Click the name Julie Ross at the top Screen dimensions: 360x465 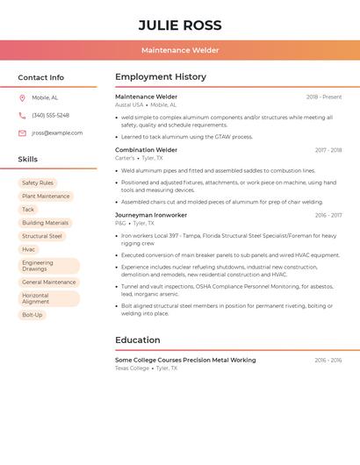pos(180,25)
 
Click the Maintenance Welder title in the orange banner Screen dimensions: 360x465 pos(180,50)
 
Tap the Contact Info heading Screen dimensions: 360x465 pos(40,77)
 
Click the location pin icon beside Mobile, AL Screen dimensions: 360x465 pos(22,98)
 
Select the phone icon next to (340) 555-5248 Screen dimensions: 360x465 pos(22,115)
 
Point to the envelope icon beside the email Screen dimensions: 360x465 pos(22,132)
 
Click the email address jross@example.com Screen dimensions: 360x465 pos(57,132)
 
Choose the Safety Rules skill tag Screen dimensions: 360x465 pos(38,182)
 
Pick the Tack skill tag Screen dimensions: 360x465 pos(28,210)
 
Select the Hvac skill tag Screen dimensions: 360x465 pos(29,249)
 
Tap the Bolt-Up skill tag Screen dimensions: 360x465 pos(32,314)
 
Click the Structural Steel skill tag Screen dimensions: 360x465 pos(42,236)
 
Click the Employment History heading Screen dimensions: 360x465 pos(161,77)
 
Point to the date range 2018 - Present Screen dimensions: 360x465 pos(324,97)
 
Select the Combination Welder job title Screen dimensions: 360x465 pos(146,150)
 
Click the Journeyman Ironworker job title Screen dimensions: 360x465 pos(151,215)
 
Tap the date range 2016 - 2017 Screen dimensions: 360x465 pos(328,215)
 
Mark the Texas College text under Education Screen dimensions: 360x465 pos(132,368)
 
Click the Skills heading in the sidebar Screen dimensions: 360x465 pos(27,160)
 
